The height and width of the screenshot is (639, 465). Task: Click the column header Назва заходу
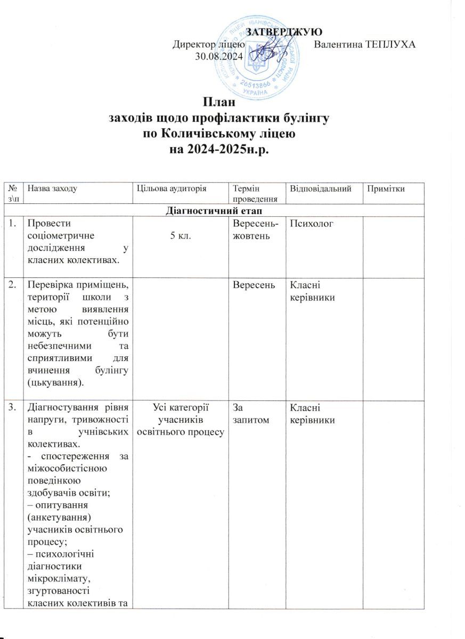53,189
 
